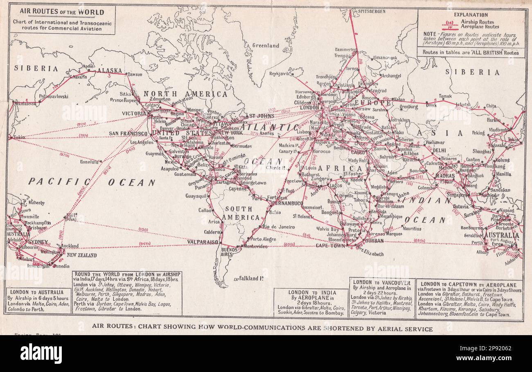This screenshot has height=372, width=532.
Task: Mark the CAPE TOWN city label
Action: tap(330, 245)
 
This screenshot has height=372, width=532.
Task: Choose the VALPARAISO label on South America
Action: tap(203, 242)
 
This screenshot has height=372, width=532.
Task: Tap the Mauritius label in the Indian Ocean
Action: tap(418, 229)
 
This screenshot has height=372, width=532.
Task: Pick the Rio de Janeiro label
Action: tap(279, 227)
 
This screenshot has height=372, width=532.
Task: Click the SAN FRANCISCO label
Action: tap(128, 134)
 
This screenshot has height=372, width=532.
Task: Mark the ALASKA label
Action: tap(109, 70)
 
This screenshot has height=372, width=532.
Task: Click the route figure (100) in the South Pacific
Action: tap(143, 229)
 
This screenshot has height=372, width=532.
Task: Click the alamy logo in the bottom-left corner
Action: tap(41, 353)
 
